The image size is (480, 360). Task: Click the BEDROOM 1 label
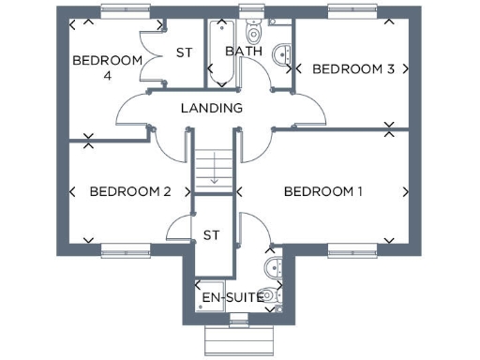click(x=322, y=191)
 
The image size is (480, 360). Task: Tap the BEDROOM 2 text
click(x=129, y=191)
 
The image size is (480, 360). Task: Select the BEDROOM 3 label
click(x=352, y=68)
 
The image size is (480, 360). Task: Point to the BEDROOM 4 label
click(x=107, y=67)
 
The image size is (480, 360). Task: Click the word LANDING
click(x=211, y=108)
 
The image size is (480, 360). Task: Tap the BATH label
click(x=244, y=52)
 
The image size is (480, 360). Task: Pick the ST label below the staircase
click(x=212, y=235)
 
